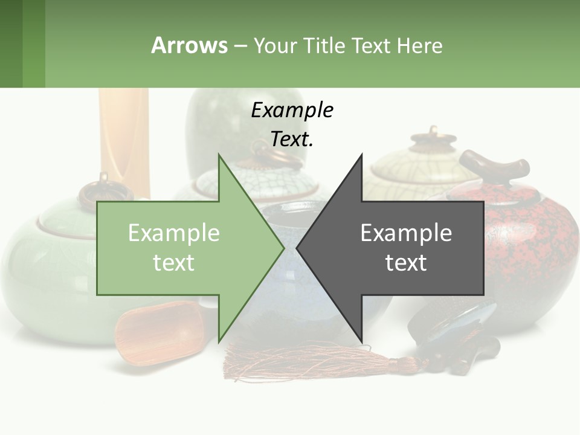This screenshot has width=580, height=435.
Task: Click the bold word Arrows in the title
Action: pos(189,45)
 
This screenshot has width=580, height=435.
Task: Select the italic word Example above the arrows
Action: pos(292,111)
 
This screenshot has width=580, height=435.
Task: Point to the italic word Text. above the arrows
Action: pos(292,140)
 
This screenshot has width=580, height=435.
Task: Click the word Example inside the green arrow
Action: pos(174,233)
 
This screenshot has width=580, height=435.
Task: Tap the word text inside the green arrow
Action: pos(174,263)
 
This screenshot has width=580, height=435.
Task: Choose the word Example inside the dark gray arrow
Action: pos(406,233)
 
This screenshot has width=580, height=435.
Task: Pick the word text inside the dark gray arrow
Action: pos(406,263)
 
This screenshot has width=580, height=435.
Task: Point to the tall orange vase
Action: pos(124,139)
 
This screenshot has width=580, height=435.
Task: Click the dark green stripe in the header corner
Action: pos(11,43)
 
